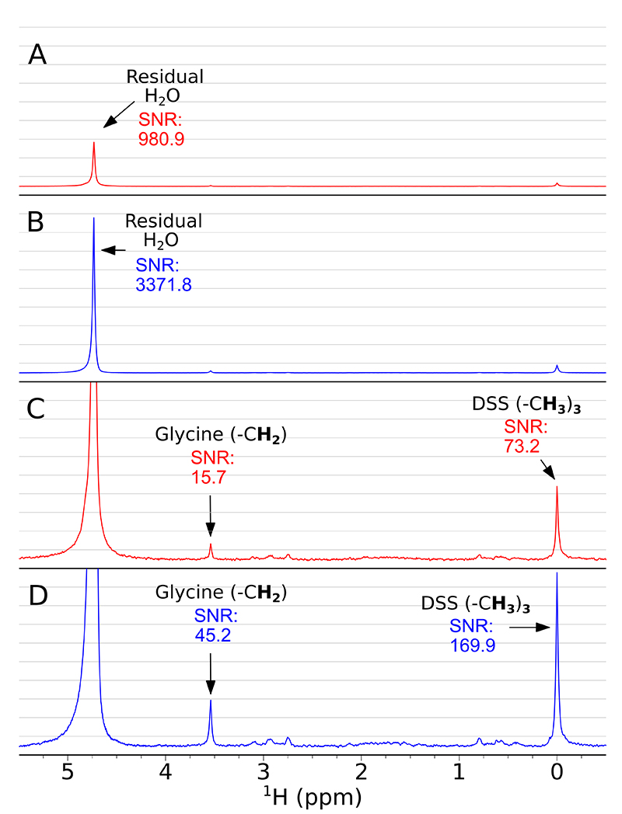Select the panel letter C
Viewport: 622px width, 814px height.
coord(37,410)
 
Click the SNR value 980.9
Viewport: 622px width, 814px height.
coord(162,141)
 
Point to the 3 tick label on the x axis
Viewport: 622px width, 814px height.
coord(264,772)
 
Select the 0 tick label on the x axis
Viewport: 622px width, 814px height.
coord(557,772)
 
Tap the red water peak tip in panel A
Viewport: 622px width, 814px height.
coord(94,143)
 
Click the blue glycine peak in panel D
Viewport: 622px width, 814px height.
coord(210,702)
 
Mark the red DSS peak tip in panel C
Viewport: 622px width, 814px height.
coord(557,487)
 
